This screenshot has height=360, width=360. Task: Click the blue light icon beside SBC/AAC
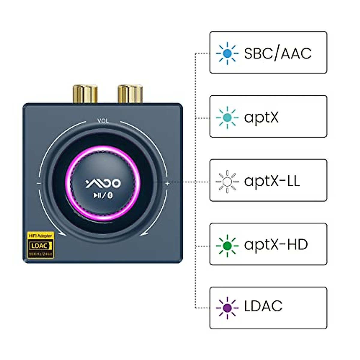[227, 53]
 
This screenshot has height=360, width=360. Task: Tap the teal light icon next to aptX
[227, 117]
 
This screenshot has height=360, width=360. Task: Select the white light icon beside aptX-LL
[227, 181]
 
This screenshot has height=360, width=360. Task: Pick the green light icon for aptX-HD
[227, 245]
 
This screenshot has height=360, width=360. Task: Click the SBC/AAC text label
[278, 53]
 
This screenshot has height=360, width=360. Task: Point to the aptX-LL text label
[272, 181]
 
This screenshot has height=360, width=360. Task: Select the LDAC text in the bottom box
[263, 306]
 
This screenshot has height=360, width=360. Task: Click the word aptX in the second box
[261, 117]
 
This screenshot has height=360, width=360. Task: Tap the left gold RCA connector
[85, 94]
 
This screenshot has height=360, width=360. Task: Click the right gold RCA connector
[130, 94]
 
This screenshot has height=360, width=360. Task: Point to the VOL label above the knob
[103, 121]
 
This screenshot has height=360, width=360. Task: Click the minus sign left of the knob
[39, 183]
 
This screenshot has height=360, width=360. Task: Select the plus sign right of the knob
[167, 183]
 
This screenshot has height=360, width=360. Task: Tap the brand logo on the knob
[103, 183]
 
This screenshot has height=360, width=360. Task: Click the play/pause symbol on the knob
[97, 195]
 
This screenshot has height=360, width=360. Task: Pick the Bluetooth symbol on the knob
[110, 196]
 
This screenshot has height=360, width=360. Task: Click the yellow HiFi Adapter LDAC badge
[40, 245]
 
